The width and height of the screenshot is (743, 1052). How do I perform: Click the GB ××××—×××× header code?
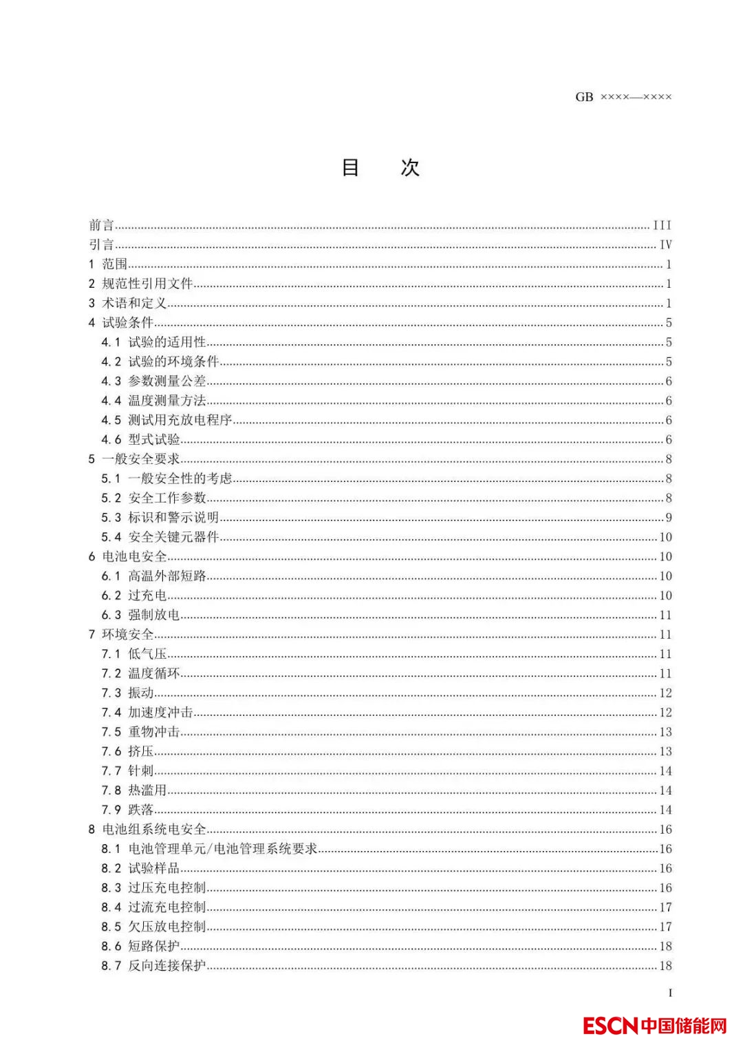tap(623, 97)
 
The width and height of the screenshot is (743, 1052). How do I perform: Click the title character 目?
tap(351, 167)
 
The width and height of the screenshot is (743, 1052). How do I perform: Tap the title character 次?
tap(410, 167)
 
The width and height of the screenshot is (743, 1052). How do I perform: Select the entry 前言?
tap(101, 225)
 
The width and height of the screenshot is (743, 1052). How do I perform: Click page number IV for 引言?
tap(665, 244)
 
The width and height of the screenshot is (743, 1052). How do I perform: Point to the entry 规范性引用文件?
tap(147, 284)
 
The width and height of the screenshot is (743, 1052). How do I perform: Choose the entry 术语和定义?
tap(134, 303)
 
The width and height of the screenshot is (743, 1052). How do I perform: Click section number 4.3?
tap(111, 381)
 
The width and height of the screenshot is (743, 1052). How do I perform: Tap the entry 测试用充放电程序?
tap(180, 420)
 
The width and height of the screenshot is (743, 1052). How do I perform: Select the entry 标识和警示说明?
tap(173, 518)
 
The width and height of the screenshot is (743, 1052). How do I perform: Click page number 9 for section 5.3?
tap(668, 518)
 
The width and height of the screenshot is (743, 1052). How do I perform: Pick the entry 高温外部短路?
tap(167, 576)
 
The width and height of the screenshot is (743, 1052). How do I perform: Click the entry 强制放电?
tap(154, 615)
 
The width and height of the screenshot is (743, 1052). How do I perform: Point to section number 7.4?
tap(111, 713)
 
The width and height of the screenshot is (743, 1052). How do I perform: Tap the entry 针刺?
tap(141, 771)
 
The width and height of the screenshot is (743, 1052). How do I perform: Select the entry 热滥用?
tap(147, 790)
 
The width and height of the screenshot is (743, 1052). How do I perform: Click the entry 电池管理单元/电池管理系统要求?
tap(223, 849)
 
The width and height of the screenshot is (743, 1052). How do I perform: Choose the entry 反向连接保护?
tap(167, 966)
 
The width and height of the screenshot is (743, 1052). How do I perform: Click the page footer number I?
tap(670, 993)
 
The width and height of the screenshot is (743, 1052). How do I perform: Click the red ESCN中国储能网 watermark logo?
tap(654, 1026)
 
